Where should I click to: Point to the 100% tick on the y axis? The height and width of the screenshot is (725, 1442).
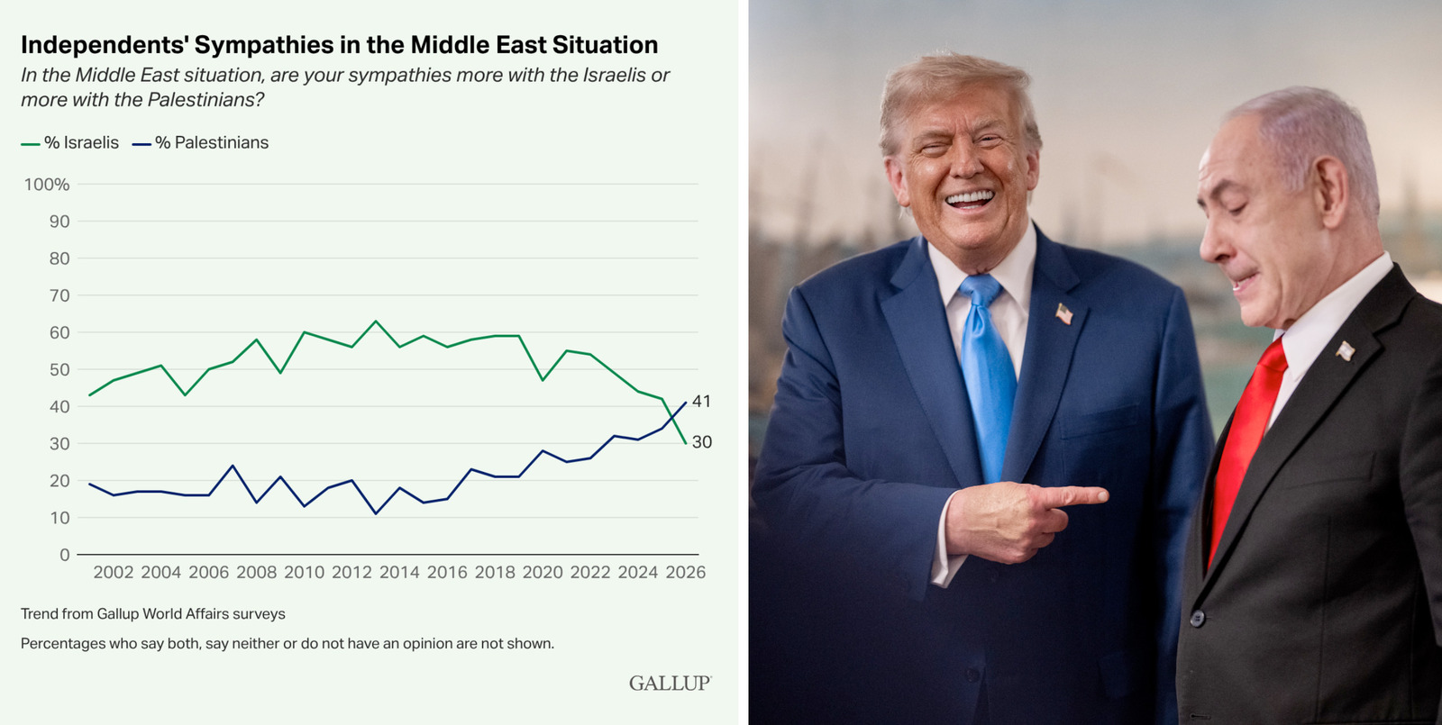tap(47, 185)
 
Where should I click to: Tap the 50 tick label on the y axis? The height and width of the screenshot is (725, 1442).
tap(59, 370)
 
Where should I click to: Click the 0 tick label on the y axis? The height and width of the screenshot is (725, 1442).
tap(64, 555)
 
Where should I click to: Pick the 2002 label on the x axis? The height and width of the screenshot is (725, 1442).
tap(114, 573)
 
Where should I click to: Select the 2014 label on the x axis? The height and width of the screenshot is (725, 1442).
tap(399, 573)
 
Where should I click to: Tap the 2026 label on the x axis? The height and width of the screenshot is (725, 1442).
tap(685, 573)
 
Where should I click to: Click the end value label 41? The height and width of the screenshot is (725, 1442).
tap(702, 402)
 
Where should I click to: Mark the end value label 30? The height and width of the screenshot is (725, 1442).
tap(702, 442)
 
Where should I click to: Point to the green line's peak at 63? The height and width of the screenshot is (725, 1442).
tap(376, 322)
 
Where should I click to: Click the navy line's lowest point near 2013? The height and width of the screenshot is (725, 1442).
tap(376, 513)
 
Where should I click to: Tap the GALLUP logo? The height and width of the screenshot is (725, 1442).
tap(670, 684)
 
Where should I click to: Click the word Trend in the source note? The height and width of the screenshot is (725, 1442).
tap(40, 614)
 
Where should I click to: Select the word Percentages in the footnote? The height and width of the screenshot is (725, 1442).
tap(63, 644)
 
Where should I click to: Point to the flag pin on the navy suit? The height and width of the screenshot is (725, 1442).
tap(1064, 314)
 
